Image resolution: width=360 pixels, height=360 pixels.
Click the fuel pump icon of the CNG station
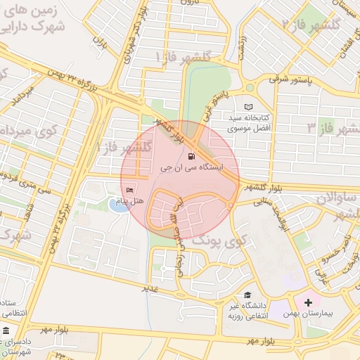point(192,157)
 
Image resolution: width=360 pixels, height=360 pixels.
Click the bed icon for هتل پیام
point(129,190)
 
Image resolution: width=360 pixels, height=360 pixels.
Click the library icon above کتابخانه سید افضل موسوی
point(248,106)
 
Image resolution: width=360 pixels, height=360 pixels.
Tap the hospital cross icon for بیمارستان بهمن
point(308,302)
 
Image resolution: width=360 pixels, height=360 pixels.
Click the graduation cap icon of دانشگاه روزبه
point(247,295)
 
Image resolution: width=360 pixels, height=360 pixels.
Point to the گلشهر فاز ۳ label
point(333,128)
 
